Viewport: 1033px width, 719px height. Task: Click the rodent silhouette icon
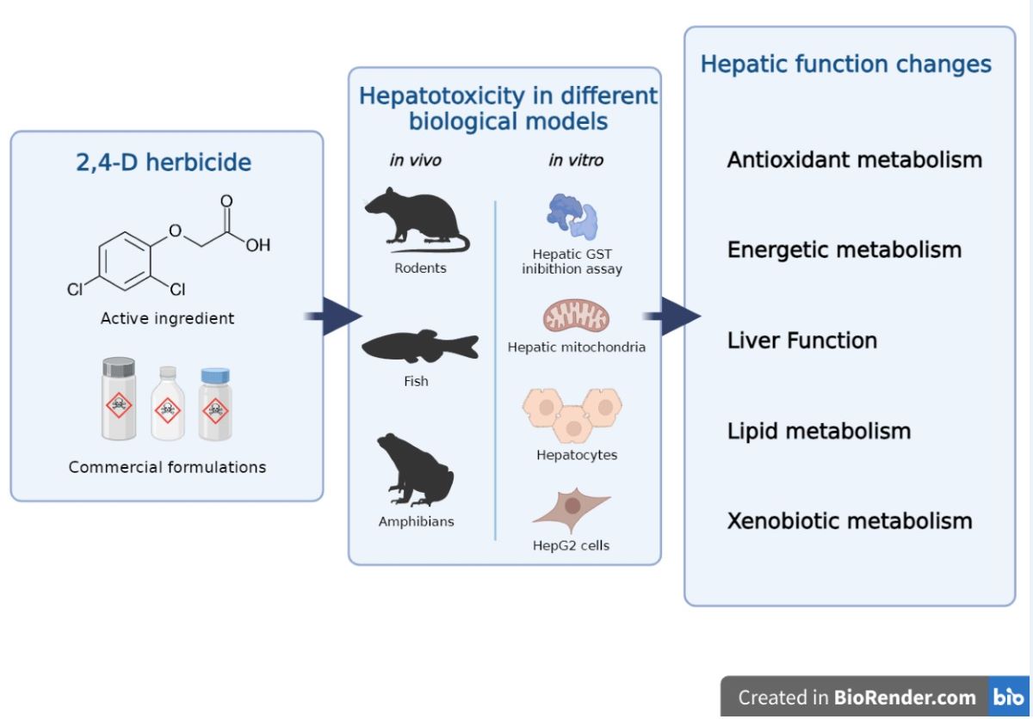tap(413, 222)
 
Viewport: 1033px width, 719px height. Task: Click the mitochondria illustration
tap(576, 316)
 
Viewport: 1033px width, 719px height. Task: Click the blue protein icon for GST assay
tap(572, 217)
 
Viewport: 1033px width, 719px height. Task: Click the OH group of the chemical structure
tap(257, 245)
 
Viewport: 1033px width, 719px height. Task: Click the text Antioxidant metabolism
tap(854, 160)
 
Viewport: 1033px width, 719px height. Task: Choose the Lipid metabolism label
tap(819, 430)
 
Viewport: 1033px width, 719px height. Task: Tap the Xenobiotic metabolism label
tap(850, 520)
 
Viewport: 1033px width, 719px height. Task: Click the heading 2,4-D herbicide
tap(164, 163)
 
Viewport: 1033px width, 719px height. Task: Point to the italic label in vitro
tap(576, 160)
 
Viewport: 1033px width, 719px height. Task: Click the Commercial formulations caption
tap(167, 468)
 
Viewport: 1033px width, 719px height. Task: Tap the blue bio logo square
tap(1008, 697)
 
